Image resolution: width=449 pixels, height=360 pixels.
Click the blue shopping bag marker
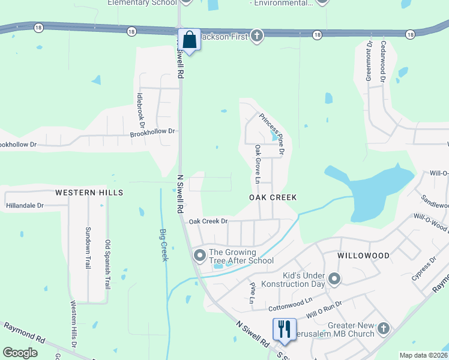[x=190, y=40]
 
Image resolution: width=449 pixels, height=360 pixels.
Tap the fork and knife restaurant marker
[x=284, y=329]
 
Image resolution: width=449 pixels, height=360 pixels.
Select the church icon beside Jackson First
[x=256, y=36]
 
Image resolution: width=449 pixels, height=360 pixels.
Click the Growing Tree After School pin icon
[x=199, y=256]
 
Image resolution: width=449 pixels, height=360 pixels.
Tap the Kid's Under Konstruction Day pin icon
[x=335, y=279]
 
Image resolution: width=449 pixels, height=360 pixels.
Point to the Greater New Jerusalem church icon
[x=384, y=329]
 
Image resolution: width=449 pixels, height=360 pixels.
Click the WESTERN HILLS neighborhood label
[x=89, y=193]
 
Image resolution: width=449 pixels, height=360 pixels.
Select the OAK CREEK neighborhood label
[x=273, y=197]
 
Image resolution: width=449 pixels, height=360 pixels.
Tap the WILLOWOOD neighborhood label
[x=363, y=256]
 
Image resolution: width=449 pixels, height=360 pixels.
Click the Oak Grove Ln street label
[x=258, y=164]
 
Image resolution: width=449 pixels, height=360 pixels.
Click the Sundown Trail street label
[x=88, y=247]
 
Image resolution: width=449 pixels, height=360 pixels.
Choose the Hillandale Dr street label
[x=25, y=205]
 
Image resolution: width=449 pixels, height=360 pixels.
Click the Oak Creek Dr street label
[x=208, y=221]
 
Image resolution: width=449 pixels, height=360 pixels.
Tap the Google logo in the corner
[x=20, y=353]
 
